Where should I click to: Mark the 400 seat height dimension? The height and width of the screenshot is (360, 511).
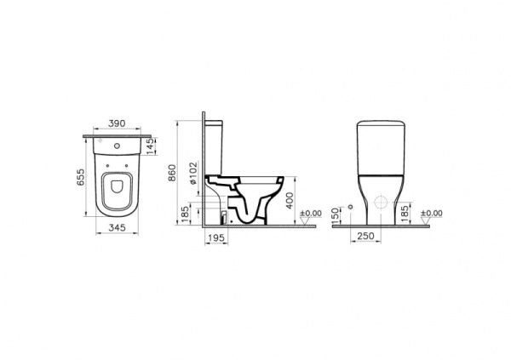click(290, 202)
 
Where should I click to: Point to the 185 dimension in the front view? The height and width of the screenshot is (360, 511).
click(403, 210)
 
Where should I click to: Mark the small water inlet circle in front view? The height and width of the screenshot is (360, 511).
click(350, 208)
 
